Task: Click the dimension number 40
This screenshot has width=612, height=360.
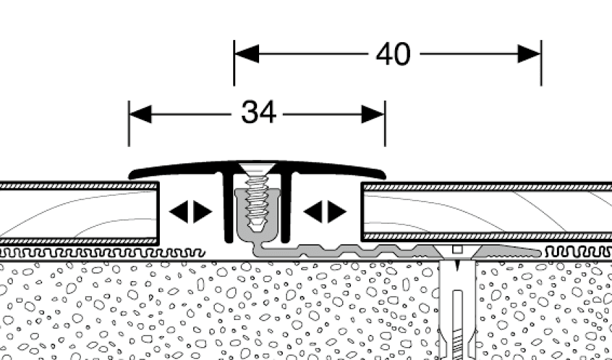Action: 393,54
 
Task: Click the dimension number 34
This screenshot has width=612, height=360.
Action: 258,113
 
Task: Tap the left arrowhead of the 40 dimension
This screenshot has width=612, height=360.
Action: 246,54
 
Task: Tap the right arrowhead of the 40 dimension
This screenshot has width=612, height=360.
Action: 529,54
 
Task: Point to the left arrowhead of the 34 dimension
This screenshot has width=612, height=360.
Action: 141,114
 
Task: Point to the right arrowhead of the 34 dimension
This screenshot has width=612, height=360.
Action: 373,114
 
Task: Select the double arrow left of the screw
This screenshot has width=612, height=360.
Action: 190,212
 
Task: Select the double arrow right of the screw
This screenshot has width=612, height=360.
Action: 325,212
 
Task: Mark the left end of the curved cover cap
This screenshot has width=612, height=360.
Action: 131,174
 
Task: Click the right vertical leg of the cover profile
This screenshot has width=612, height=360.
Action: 287,208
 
